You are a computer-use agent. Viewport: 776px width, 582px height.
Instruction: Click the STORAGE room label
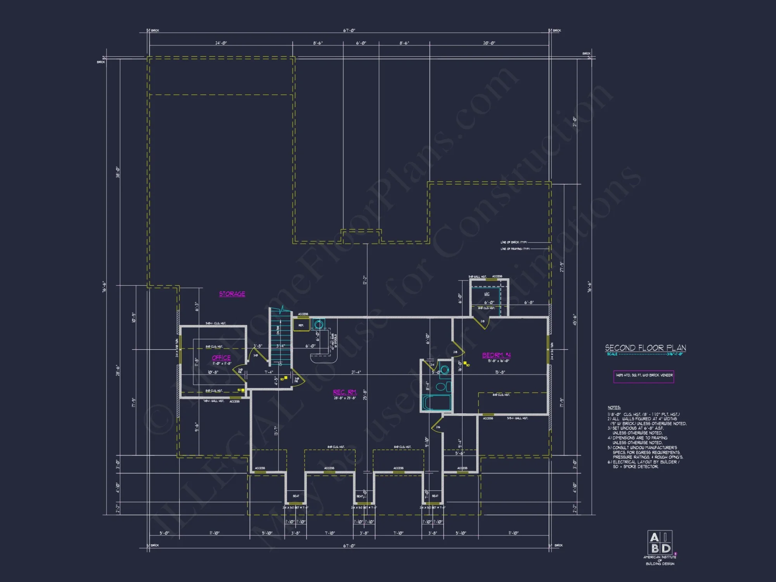point(232,294)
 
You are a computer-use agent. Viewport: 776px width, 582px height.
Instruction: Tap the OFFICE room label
point(221,357)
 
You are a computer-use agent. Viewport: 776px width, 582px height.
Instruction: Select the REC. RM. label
point(345,392)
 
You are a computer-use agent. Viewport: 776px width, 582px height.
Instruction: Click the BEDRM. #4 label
point(496,355)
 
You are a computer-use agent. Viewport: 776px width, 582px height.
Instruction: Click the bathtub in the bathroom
point(436,403)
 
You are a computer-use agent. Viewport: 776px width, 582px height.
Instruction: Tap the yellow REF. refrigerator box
point(301,325)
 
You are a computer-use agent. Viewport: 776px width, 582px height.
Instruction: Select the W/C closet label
point(487,294)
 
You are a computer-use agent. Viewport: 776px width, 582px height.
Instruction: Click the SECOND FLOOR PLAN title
point(645,348)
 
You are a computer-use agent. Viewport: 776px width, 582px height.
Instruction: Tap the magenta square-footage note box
point(644,376)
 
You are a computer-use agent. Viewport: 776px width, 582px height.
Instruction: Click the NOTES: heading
point(614,407)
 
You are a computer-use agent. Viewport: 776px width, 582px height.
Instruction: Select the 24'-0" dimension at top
point(221,43)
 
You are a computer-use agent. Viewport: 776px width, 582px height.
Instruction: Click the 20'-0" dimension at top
point(489,43)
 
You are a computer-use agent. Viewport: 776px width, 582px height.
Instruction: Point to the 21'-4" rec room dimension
point(356,372)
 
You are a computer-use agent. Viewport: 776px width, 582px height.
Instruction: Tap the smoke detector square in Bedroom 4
point(465,363)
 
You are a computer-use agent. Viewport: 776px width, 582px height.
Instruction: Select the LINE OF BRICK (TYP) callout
point(513,242)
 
